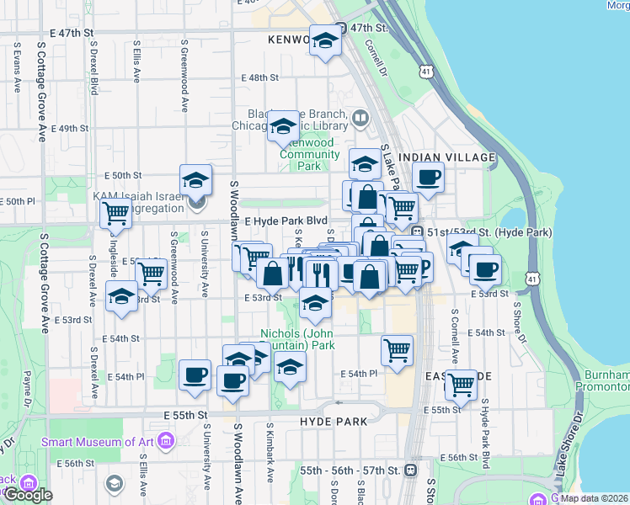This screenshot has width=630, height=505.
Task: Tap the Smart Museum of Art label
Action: (98, 441)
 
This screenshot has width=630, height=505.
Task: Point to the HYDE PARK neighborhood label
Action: (329, 419)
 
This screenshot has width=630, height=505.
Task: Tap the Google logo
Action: (27, 495)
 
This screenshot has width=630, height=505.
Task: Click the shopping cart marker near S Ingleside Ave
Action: (115, 214)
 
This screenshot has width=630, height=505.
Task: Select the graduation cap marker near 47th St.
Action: (324, 41)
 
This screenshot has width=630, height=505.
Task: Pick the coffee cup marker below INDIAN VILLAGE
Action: (429, 178)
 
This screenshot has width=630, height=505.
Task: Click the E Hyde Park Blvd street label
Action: (286, 221)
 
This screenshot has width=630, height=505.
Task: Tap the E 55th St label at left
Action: (186, 416)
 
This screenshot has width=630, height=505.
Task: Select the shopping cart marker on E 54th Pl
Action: (397, 349)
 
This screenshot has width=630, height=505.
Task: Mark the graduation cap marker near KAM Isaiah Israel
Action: (195, 181)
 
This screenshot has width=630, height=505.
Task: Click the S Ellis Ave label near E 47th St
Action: (136, 64)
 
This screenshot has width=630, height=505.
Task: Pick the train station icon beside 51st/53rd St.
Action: (417, 231)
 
